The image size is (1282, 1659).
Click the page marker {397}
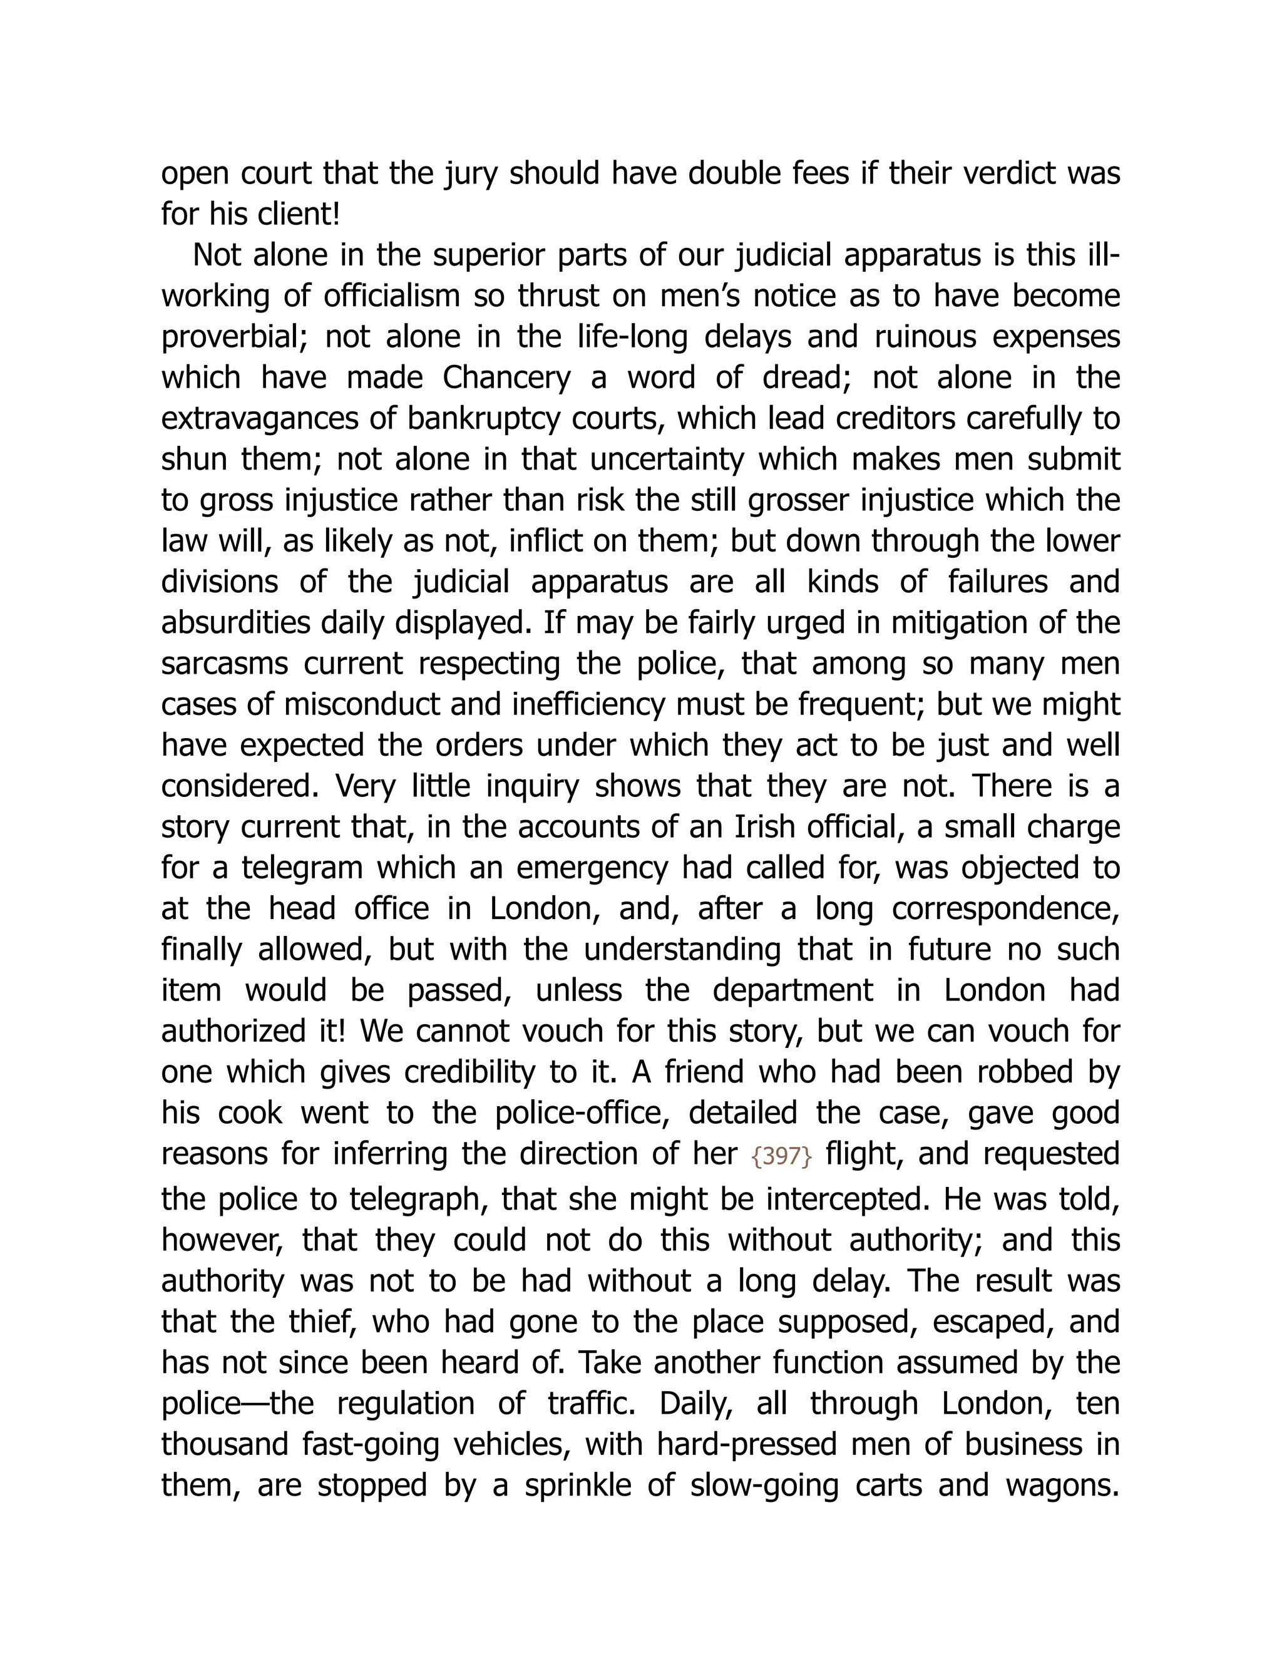781,1156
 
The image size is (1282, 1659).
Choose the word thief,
319,1322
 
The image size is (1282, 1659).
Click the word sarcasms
224,663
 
